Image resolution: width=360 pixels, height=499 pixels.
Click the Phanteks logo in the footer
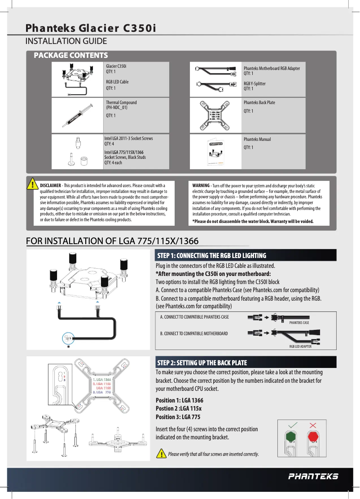tap(313, 476)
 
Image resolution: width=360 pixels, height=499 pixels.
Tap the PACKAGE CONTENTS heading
tap(71, 55)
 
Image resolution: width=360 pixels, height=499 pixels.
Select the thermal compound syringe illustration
tap(75, 116)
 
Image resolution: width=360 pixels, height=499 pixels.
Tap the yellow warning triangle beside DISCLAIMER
tap(32, 184)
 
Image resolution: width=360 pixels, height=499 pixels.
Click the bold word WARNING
tap(201, 185)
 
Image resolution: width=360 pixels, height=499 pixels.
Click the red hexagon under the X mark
tap(313, 436)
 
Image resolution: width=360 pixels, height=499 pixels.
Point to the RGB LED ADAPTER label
tap(300, 346)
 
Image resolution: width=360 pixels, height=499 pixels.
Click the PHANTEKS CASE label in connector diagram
tap(299, 323)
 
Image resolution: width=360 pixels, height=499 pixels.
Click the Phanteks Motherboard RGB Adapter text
tap(271, 68)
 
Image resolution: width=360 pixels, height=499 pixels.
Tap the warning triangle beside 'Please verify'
tap(161, 454)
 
